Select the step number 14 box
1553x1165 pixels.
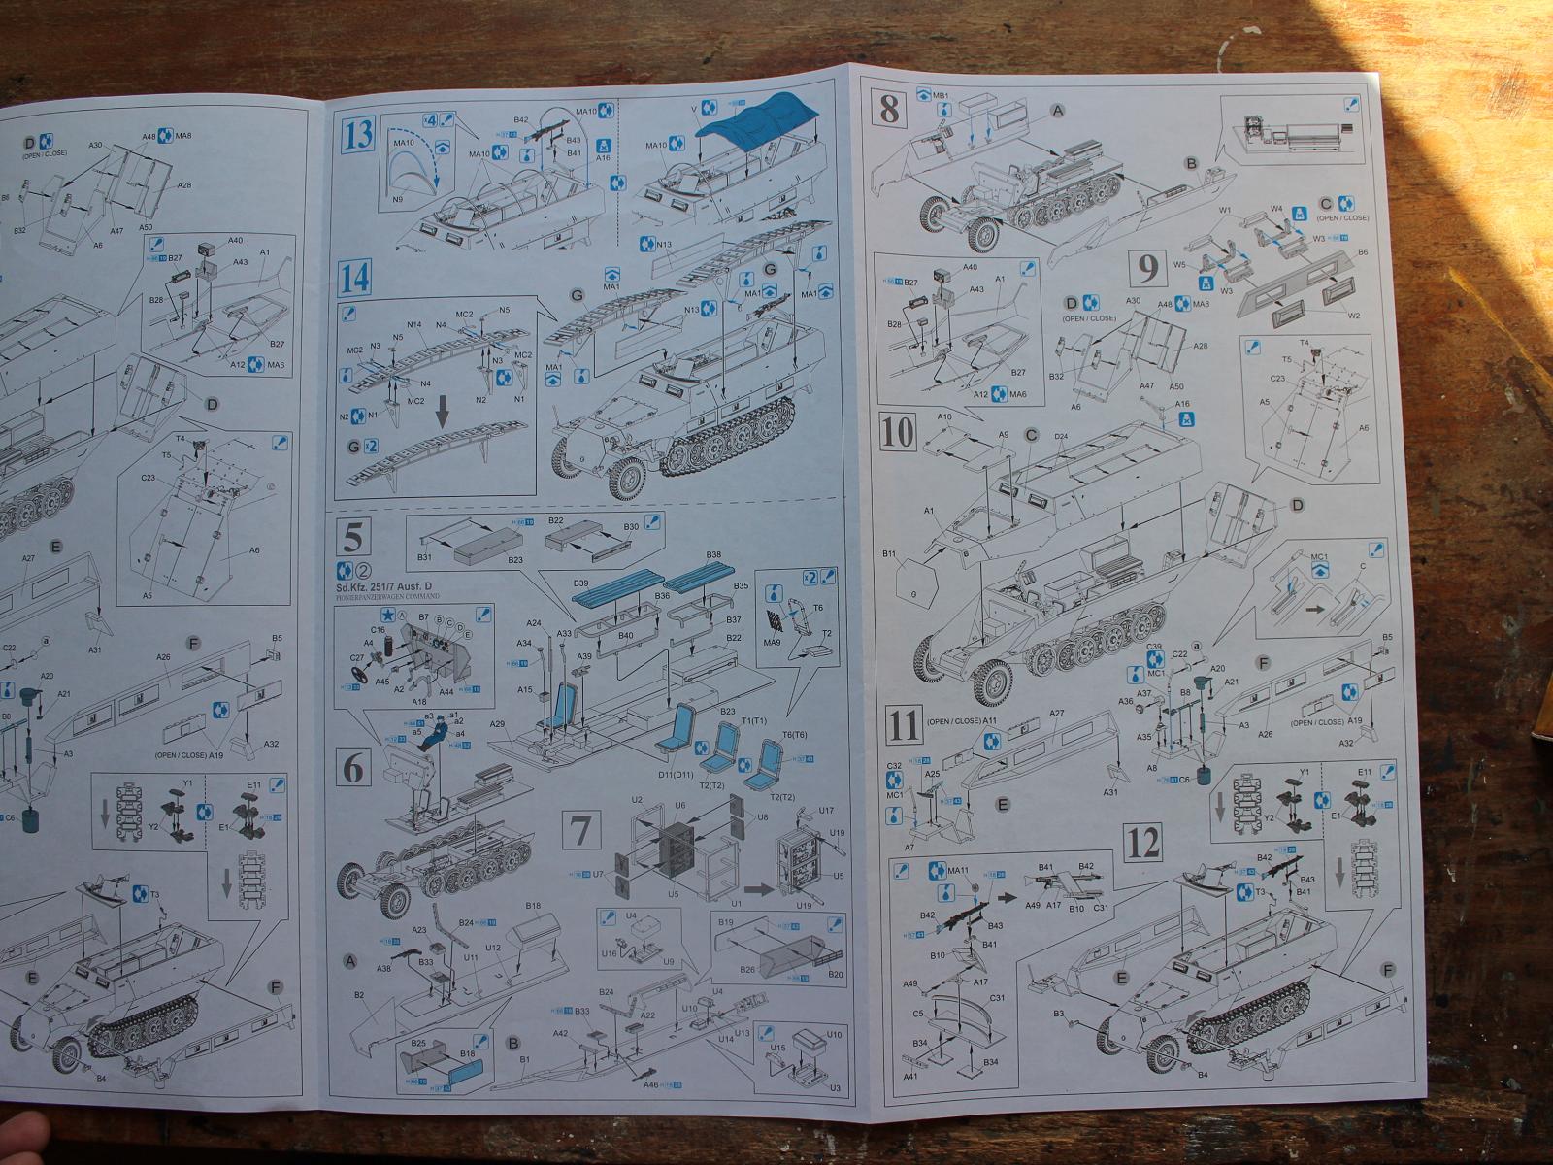pyautogui.click(x=356, y=279)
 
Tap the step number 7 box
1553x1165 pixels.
pyautogui.click(x=580, y=832)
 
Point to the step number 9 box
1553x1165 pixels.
pyautogui.click(x=1147, y=268)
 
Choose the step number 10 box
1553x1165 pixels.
pyautogui.click(x=899, y=433)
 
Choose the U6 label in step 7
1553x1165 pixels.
pyautogui.click(x=680, y=806)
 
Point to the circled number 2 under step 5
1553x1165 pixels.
pyautogui.click(x=365, y=571)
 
